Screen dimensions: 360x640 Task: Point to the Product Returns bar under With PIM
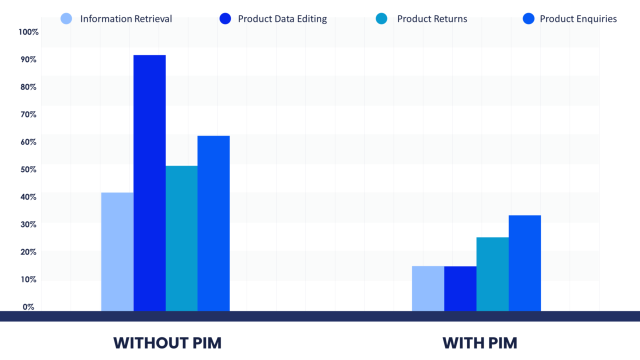pos(492,274)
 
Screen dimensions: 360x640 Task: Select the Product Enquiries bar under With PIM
pos(524,263)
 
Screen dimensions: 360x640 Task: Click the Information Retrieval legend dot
pos(66,19)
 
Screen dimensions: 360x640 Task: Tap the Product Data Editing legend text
pos(282,19)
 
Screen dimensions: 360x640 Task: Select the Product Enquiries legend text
pos(578,19)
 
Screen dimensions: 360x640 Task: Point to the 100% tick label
pos(28,32)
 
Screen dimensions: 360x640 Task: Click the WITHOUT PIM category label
pos(167,343)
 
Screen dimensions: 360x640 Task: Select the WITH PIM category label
pos(479,343)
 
